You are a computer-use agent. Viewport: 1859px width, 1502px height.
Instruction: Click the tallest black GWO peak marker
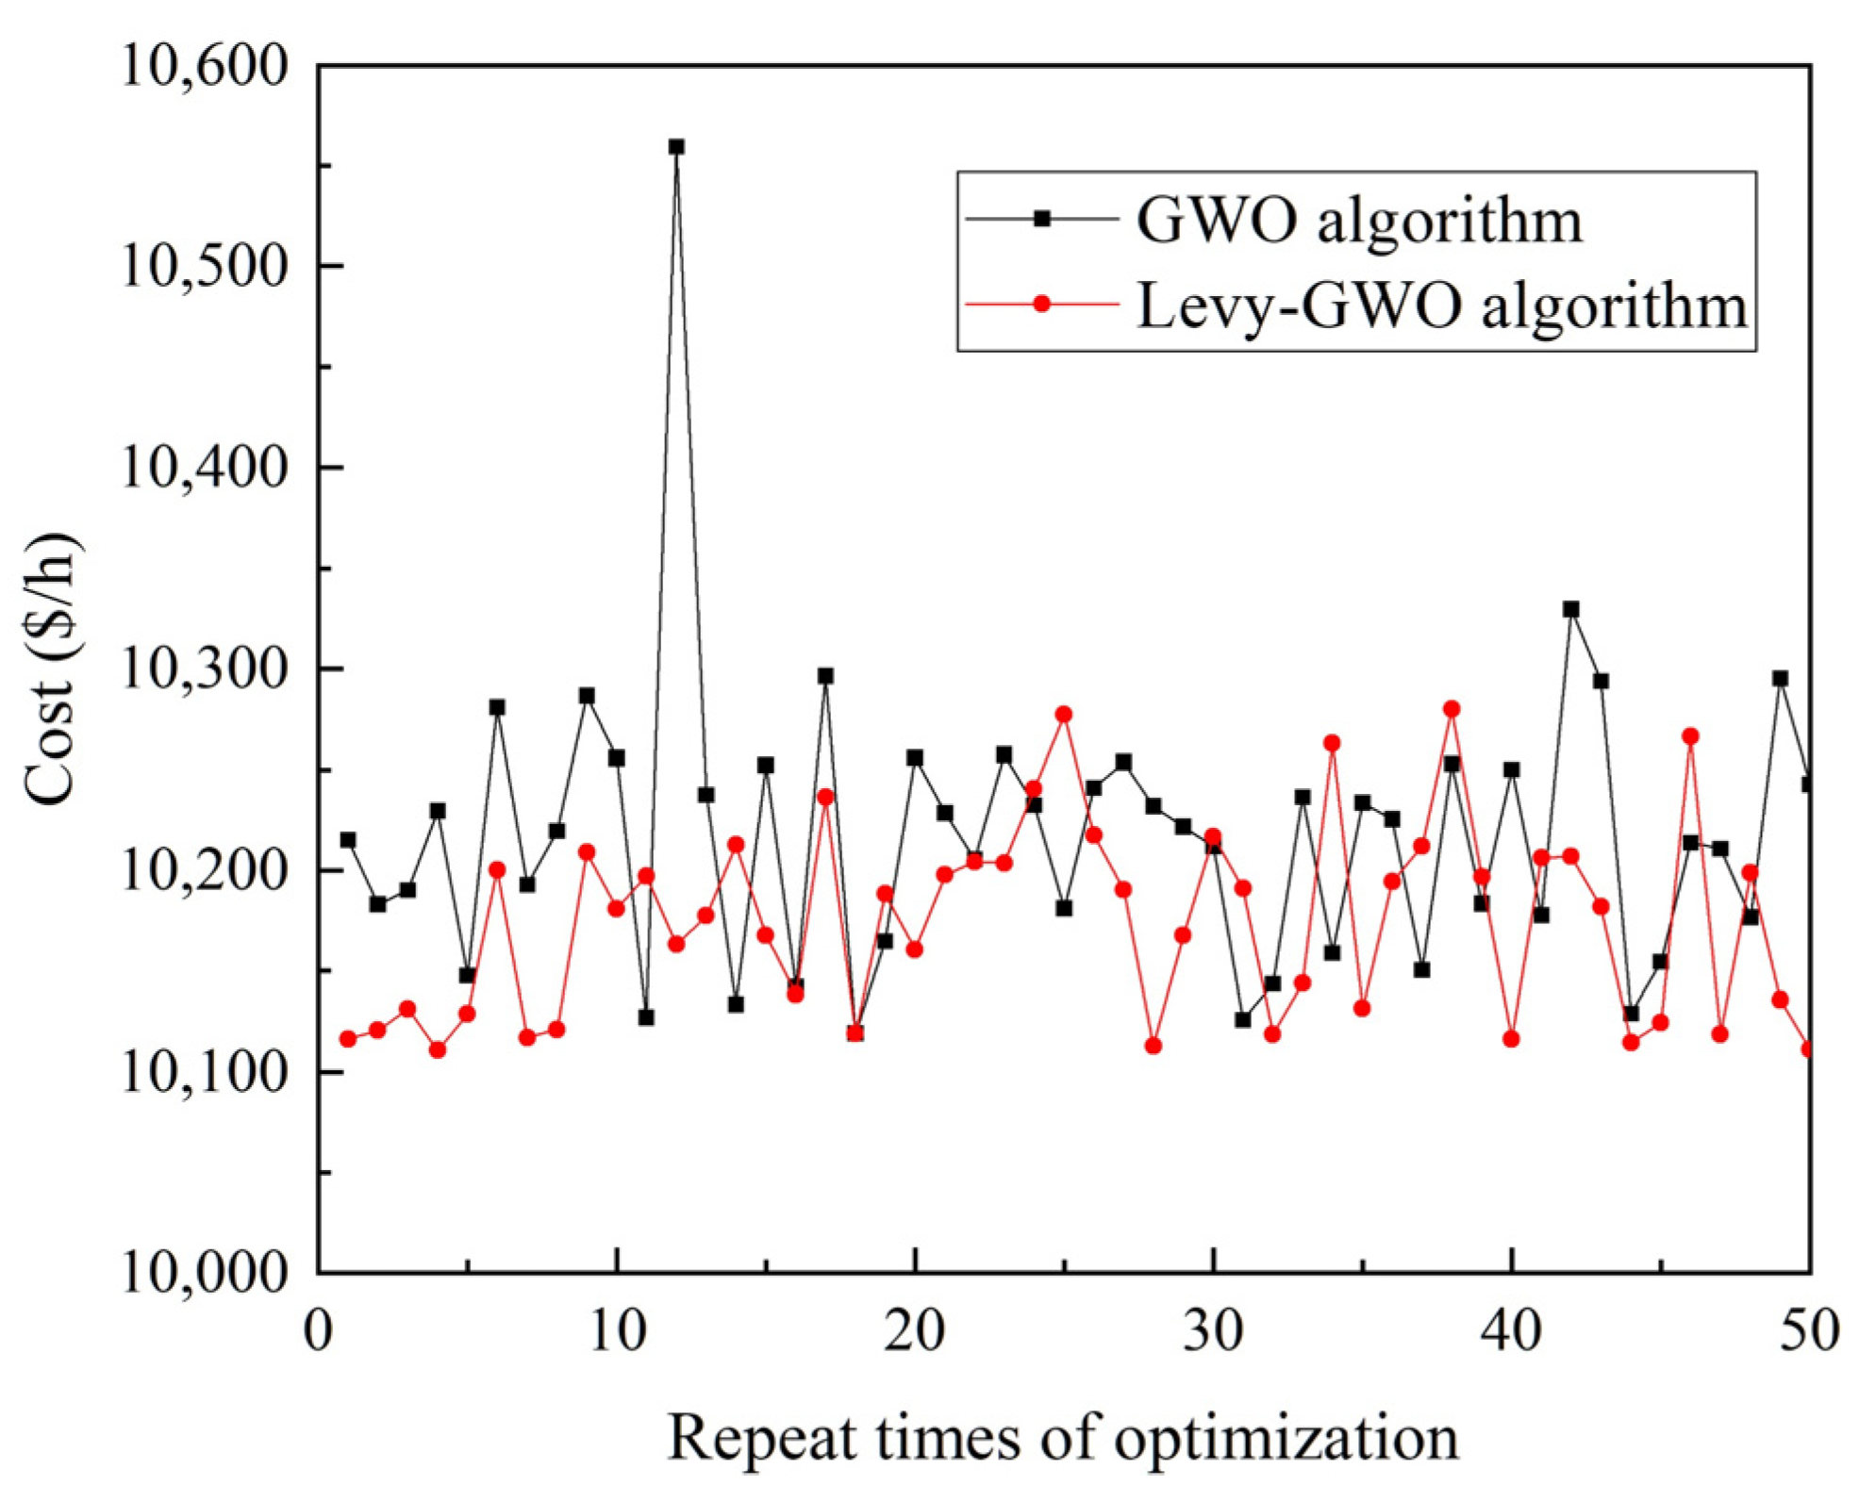pyautogui.click(x=676, y=147)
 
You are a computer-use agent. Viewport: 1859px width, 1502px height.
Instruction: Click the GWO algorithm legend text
pyautogui.click(x=1359, y=222)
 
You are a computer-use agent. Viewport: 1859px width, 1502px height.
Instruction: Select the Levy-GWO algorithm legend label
pyautogui.click(x=1441, y=306)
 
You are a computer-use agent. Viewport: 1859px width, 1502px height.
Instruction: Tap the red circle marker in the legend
pyautogui.click(x=1042, y=304)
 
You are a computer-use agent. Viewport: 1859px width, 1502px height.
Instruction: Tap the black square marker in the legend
pyautogui.click(x=1042, y=219)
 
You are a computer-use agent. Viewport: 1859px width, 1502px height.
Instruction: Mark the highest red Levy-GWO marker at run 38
pyautogui.click(x=1452, y=709)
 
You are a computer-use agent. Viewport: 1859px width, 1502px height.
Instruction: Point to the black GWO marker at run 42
pyautogui.click(x=1570, y=610)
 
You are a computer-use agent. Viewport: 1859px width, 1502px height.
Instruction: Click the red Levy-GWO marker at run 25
pyautogui.click(x=1064, y=715)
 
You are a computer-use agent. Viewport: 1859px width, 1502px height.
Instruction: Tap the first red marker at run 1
pyautogui.click(x=348, y=1039)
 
